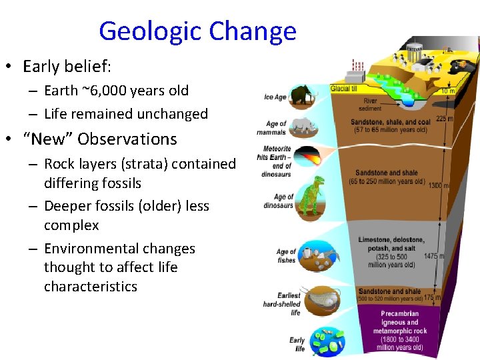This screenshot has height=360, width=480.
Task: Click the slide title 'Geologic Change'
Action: (197, 31)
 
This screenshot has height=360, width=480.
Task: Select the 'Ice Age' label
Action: (275, 97)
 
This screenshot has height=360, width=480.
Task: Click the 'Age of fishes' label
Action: (286, 256)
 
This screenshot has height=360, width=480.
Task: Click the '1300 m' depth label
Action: (438, 185)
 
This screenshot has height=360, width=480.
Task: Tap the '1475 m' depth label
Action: (435, 256)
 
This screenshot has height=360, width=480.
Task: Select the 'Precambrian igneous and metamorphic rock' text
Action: (399, 330)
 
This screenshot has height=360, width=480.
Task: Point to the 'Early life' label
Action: (297, 344)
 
